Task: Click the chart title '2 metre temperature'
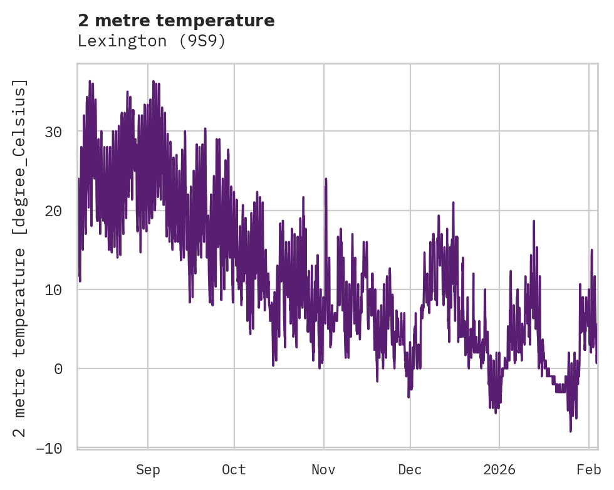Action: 176,21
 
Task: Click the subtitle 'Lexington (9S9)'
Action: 151,41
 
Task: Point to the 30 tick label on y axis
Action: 53,132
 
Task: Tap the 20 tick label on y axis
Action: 53,211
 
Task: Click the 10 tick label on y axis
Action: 53,289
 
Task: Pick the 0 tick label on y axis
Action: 58,368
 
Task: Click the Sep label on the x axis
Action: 148,469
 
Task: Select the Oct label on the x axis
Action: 234,469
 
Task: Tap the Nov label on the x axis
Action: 323,469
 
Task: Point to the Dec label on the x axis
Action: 410,469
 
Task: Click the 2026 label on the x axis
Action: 499,469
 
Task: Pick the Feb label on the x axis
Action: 589,469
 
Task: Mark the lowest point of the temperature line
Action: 570,431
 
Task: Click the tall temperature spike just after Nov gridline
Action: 326,179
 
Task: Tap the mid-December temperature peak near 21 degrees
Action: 453,202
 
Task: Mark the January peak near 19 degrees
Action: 534,221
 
